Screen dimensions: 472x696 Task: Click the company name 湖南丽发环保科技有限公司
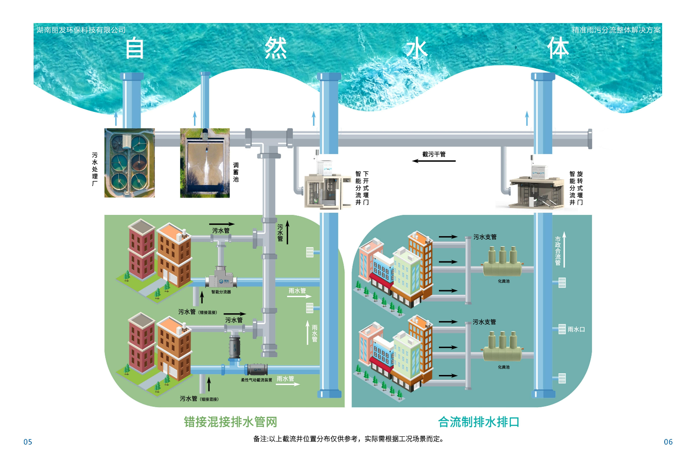pos(81,30)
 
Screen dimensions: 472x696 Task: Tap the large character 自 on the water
pos(135,48)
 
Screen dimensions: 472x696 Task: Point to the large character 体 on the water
pos(558,48)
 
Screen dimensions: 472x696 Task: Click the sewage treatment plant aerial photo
pos(130,163)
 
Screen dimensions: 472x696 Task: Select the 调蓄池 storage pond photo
pos(205,163)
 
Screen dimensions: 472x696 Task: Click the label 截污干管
pos(434,154)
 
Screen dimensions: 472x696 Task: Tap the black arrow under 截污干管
pos(434,161)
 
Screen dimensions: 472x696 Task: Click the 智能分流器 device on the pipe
pos(221,278)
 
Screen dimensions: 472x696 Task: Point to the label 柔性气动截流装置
pos(257,380)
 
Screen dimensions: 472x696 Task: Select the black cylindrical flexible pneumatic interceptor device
pos(257,370)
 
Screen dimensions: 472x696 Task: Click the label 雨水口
pos(576,329)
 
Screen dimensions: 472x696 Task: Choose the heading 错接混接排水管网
pos(230,422)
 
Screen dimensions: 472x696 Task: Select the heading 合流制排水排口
pos(478,422)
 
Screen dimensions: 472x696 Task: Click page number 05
pos(28,442)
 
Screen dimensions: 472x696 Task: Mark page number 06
pos(668,442)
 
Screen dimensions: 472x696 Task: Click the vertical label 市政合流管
pos(558,251)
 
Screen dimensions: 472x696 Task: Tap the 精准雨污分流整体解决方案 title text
pos(616,30)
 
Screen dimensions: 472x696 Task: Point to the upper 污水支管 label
pos(485,237)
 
